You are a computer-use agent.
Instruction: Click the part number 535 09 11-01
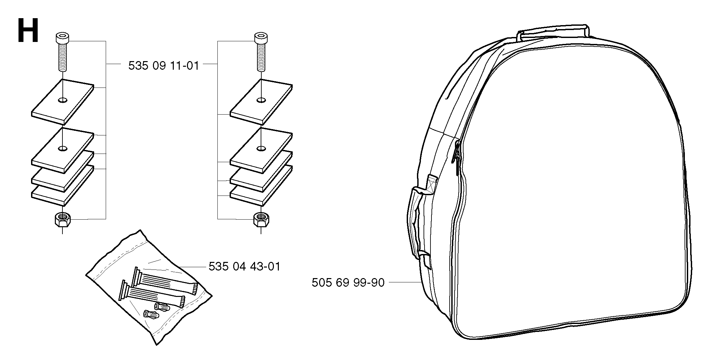coord(164,66)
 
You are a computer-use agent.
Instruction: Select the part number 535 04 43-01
coord(244,266)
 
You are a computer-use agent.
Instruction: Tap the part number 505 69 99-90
coord(348,283)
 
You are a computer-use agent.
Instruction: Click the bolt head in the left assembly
coord(62,39)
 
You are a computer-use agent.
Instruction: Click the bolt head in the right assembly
coord(261,39)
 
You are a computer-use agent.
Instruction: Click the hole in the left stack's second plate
coord(62,148)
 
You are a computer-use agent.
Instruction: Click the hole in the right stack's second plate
coord(261,148)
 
